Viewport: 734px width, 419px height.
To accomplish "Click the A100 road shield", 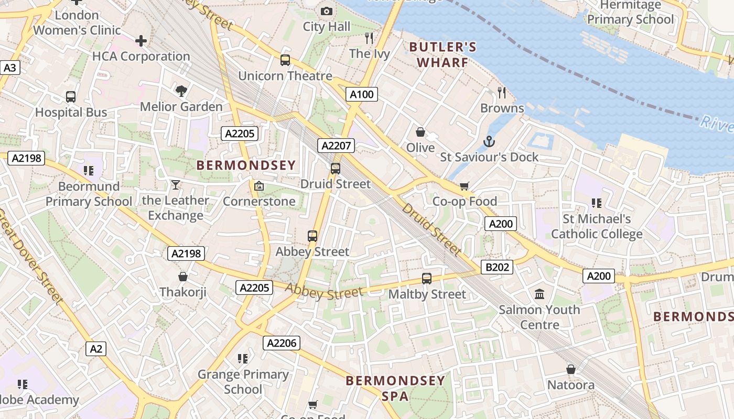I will [x=362, y=94].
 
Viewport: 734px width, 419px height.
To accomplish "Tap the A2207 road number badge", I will [x=336, y=146].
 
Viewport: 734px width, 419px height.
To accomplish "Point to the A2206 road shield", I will [x=282, y=343].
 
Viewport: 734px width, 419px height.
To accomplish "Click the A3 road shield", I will [x=10, y=68].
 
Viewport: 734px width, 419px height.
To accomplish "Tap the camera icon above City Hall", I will [x=326, y=11].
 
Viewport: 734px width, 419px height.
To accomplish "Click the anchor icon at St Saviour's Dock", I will [x=489, y=141].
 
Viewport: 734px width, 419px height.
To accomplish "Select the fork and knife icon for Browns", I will [x=502, y=93].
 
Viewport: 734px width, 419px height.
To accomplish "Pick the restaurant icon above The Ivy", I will [x=369, y=38].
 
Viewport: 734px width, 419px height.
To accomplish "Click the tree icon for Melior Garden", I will [x=181, y=91].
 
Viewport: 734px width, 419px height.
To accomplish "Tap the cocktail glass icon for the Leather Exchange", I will [x=175, y=185].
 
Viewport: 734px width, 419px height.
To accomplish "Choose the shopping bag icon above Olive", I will [x=420, y=132].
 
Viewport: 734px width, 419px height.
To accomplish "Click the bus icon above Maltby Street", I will [x=427, y=279].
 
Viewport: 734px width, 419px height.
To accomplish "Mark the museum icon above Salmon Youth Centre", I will [x=539, y=294].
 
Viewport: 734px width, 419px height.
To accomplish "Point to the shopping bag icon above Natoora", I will [x=571, y=369].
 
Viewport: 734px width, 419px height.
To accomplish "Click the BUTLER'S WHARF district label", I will [x=442, y=54].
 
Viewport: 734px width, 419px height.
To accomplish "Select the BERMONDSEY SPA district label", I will [x=395, y=388].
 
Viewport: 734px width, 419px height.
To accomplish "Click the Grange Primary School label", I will [x=243, y=382].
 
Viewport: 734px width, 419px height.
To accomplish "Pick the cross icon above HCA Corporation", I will [x=141, y=40].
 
